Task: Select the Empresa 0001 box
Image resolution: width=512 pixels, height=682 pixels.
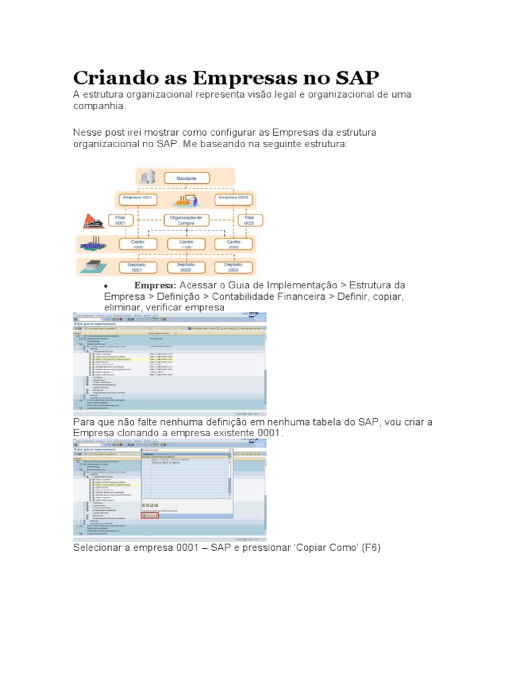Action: [139, 198]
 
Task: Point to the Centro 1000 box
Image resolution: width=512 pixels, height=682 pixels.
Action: [138, 244]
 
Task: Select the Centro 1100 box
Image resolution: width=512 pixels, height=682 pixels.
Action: [187, 244]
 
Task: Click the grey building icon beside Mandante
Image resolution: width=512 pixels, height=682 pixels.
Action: [147, 177]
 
